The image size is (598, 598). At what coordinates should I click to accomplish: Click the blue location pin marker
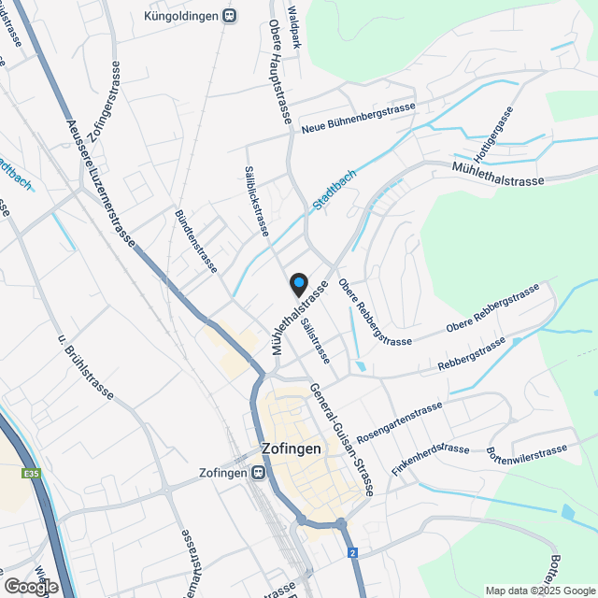click(299, 283)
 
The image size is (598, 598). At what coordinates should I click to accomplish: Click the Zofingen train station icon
click(256, 473)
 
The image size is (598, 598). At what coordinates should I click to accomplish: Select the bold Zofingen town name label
click(292, 448)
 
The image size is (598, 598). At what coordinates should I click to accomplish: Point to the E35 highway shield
click(32, 474)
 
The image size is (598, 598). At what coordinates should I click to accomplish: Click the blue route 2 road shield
click(354, 553)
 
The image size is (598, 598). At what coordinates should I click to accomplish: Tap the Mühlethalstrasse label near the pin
click(299, 318)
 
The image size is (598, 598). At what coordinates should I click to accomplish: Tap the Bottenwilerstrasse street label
click(527, 452)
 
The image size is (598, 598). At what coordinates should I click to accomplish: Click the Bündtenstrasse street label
click(196, 241)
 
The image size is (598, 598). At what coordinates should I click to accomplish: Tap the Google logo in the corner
click(31, 587)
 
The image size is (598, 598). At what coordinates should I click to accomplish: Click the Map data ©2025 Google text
click(539, 591)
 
